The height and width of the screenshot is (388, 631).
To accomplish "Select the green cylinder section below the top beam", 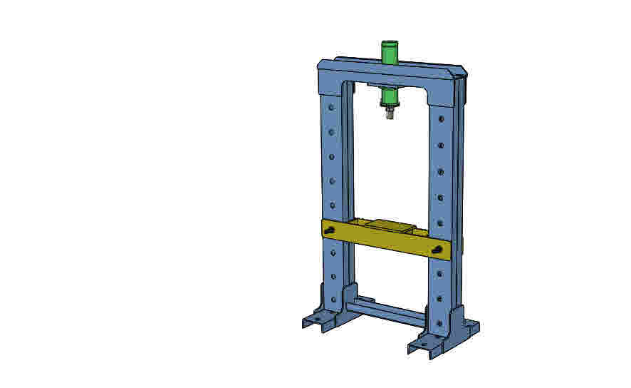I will point(389,96).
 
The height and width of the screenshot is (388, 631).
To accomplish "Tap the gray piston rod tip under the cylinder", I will point(389,112).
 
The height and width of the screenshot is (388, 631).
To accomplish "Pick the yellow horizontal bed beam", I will point(385,240).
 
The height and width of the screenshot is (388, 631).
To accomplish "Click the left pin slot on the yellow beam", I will point(332,230).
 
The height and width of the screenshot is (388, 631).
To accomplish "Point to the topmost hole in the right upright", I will point(442,119).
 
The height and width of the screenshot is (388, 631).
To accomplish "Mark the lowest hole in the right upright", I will point(439,323).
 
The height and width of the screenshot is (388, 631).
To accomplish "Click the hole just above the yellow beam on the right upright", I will point(440,223).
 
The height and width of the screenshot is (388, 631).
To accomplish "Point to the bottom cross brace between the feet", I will point(385,312).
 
